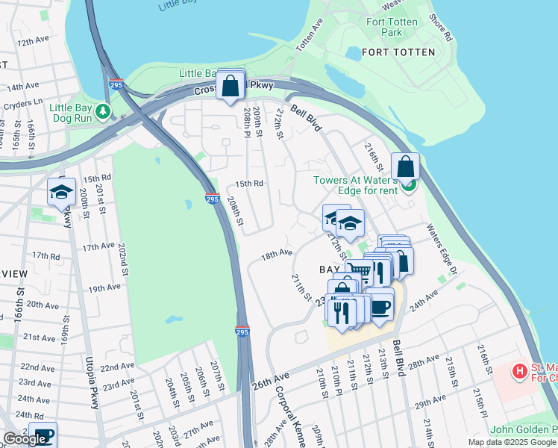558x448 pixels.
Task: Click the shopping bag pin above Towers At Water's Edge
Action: pos(405,166)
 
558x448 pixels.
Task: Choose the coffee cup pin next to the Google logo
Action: pos(43,435)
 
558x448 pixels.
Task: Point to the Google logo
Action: pos(25,439)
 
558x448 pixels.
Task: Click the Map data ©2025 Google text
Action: pos(511,442)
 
